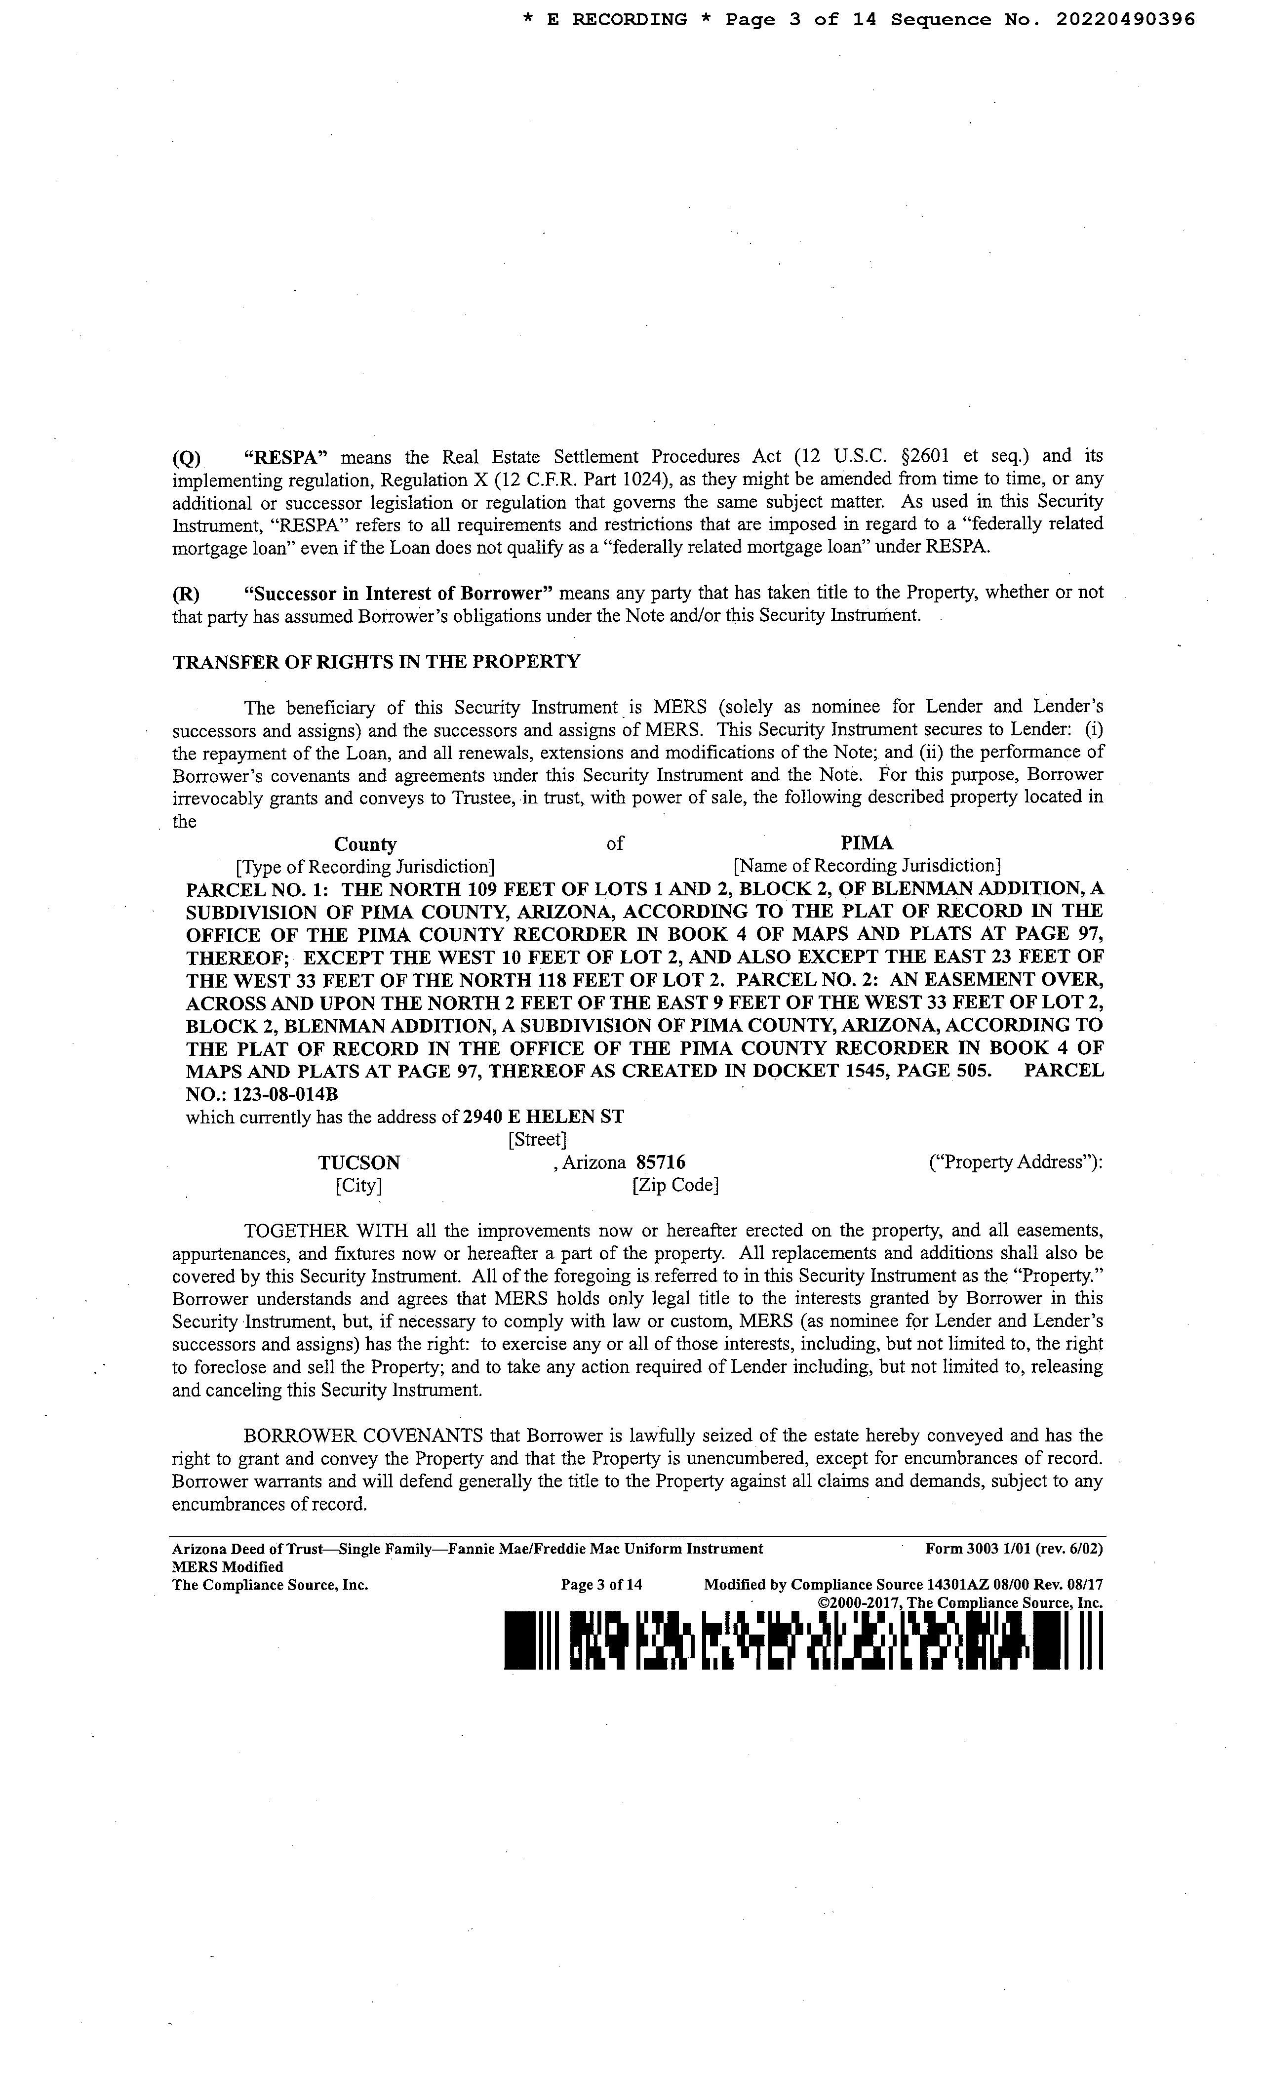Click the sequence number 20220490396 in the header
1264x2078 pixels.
pos(1125,19)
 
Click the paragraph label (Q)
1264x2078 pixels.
pos(186,458)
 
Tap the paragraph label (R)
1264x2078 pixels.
pos(186,593)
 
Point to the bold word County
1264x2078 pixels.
pos(365,844)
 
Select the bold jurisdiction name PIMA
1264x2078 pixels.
pos(867,842)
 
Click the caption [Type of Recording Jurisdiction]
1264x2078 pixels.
pos(365,867)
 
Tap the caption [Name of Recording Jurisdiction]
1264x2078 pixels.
pos(867,865)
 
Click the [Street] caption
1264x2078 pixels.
pos(537,1140)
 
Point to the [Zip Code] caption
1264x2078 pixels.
pos(674,1186)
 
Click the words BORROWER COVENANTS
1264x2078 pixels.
pos(362,1436)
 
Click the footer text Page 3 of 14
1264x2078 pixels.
pos(601,1585)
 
